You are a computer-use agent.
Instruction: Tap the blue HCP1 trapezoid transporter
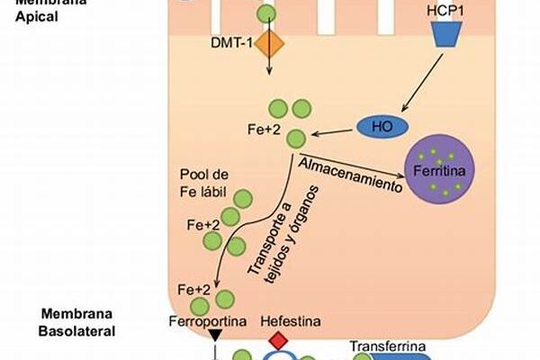coord(446,34)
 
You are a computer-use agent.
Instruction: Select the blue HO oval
coord(382,127)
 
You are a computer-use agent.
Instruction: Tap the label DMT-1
coord(230,42)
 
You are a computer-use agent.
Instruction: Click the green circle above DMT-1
coord(265,13)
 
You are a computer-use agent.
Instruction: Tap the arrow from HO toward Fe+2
coord(334,131)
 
